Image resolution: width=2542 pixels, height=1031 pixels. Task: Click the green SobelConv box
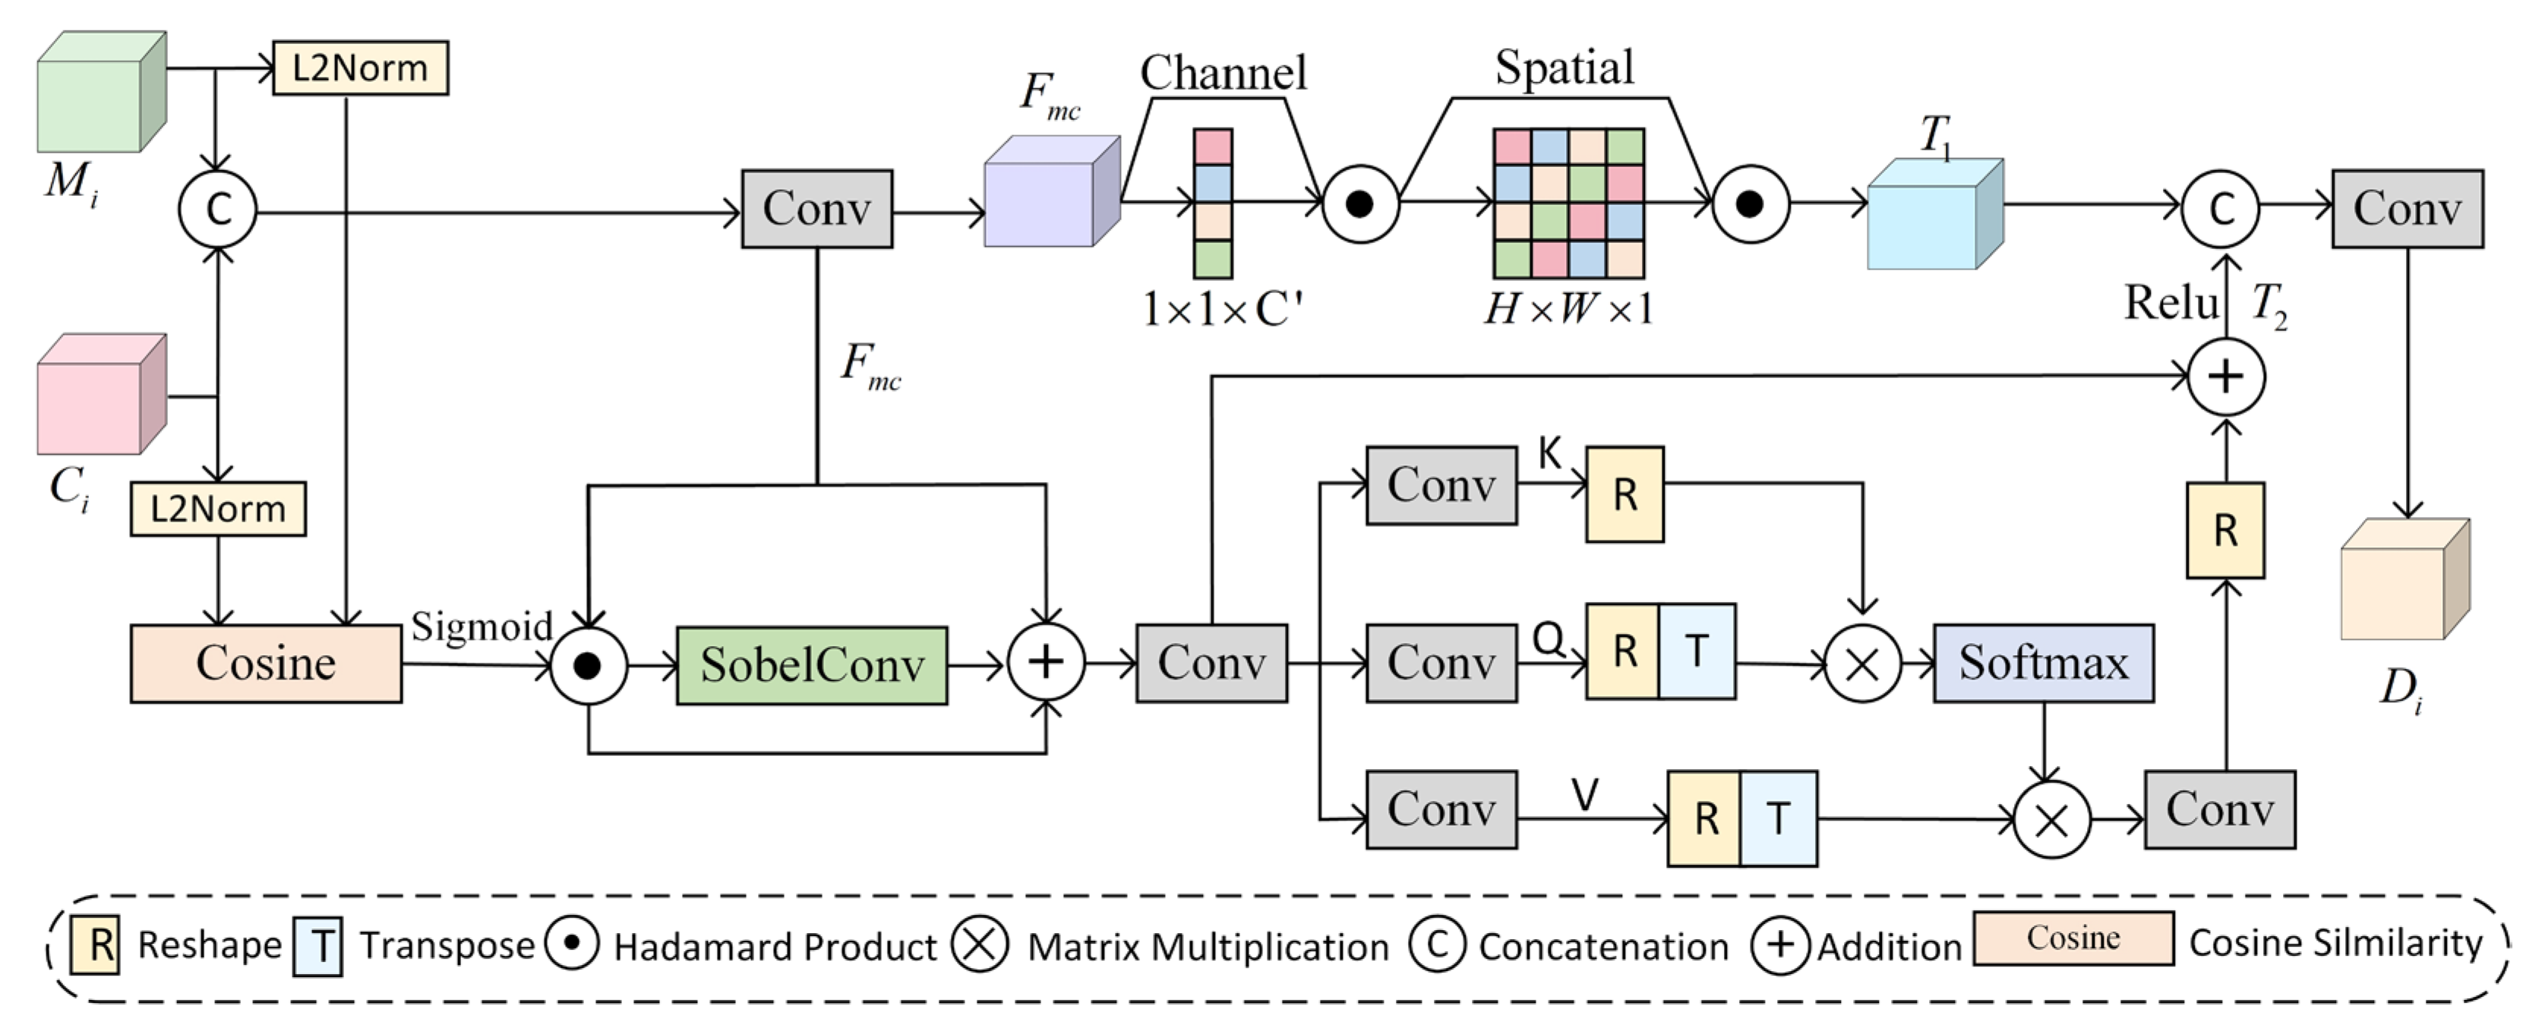coord(811,665)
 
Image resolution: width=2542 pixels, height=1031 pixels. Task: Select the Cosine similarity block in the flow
coord(266,663)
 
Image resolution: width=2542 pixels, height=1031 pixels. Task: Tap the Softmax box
coord(2043,663)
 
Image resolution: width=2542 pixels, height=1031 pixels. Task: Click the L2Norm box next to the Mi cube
coord(360,68)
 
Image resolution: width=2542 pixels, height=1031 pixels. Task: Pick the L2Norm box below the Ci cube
coord(218,509)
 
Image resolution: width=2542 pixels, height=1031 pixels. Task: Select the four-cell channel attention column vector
coord(1213,203)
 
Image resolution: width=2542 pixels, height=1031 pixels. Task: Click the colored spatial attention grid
coord(1568,203)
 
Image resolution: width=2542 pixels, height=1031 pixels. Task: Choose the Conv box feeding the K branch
coord(1441,485)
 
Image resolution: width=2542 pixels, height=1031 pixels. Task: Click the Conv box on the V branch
coord(1441,810)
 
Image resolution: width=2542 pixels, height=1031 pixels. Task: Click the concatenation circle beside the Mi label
coord(217,209)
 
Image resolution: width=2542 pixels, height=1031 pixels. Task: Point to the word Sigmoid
coord(482,626)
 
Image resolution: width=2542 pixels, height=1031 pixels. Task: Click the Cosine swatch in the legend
coord(2073,938)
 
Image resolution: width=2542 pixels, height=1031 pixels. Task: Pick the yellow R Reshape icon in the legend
coord(96,945)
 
